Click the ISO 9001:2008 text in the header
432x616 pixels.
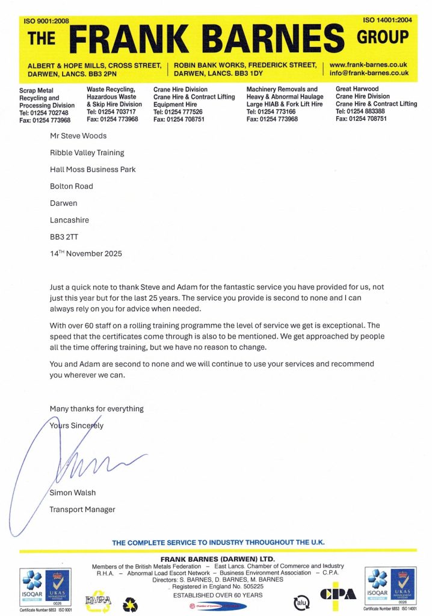click(x=47, y=21)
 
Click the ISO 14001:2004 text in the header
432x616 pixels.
click(x=385, y=20)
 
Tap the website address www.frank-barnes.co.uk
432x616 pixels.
click(x=368, y=64)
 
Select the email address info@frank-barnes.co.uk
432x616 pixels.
click(x=369, y=73)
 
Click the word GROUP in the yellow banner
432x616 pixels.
click(x=383, y=38)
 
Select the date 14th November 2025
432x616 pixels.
click(x=85, y=254)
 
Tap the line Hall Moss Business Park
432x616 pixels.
click(x=92, y=170)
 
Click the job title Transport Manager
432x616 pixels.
click(x=82, y=510)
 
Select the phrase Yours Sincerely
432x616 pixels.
click(x=76, y=425)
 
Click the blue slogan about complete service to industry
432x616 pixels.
click(x=218, y=542)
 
